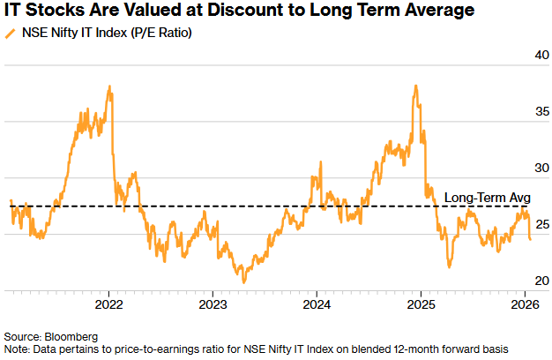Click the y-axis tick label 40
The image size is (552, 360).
click(x=531, y=56)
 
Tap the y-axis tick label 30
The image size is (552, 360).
click(x=531, y=168)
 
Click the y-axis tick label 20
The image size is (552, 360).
click(x=531, y=280)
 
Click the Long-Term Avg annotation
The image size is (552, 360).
click(x=487, y=197)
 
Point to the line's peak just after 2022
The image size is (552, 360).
click(x=109, y=86)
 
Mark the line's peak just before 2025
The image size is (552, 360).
click(x=414, y=86)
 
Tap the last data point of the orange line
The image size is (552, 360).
click(x=530, y=238)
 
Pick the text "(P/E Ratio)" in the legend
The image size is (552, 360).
click(x=161, y=34)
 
